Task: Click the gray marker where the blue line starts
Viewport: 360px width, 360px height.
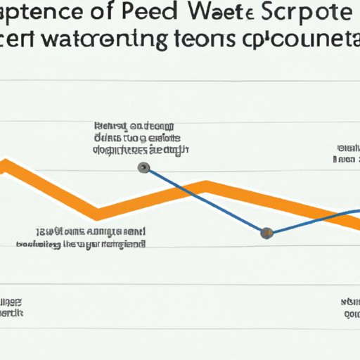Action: click(143, 167)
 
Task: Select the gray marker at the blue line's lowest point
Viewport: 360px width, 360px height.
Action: click(266, 233)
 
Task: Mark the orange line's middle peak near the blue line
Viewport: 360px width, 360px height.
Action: click(205, 186)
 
